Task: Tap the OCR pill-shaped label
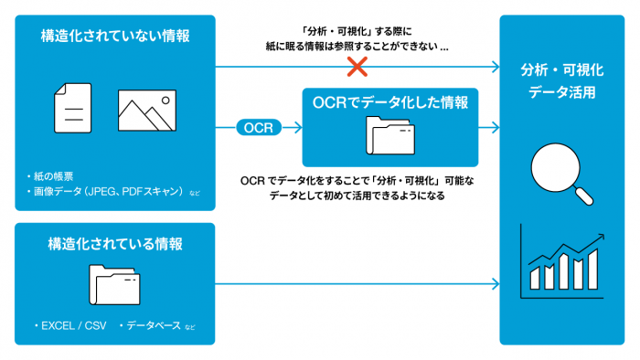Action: click(x=259, y=127)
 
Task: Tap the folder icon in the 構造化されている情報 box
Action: click(x=114, y=284)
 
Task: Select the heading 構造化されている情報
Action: click(x=115, y=244)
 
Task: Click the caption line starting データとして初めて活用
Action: click(x=357, y=196)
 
